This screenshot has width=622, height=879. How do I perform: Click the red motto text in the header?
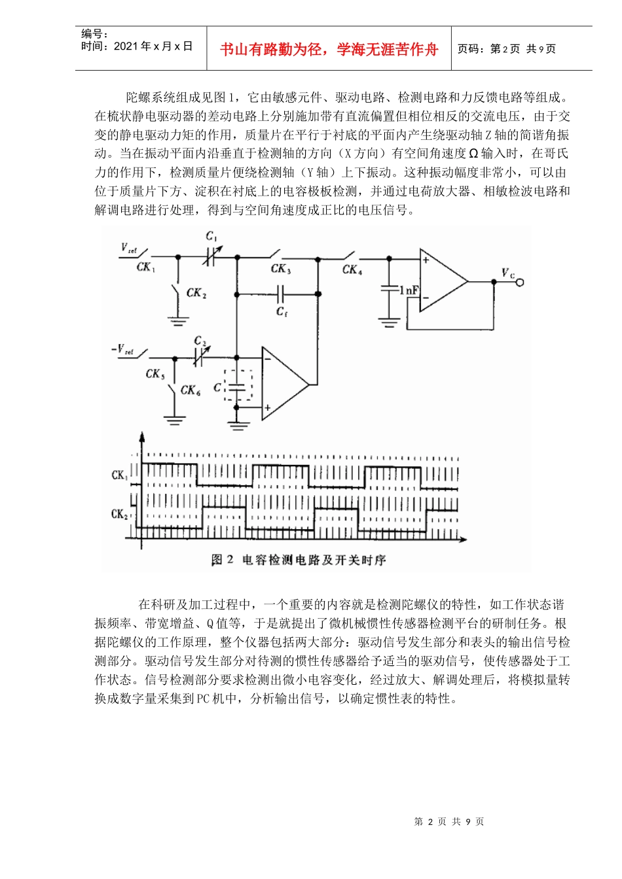329,50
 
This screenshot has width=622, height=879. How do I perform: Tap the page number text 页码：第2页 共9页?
506,49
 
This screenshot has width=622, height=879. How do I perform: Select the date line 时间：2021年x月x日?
137,46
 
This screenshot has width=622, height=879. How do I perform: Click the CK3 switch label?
281,269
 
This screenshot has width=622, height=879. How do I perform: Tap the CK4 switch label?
352,269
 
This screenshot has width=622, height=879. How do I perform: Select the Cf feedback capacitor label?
282,312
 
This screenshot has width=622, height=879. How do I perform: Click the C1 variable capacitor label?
211,237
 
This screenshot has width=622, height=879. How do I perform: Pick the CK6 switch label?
191,390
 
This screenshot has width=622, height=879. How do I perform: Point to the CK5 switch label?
155,374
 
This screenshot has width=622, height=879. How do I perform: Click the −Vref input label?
122,350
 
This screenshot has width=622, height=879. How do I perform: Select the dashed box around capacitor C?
238,386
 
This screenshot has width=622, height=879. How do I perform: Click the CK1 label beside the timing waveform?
119,475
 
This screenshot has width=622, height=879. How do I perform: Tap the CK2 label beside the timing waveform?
119,514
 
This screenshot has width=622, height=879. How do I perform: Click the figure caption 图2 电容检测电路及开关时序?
299,560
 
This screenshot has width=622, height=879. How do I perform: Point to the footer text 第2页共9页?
448,821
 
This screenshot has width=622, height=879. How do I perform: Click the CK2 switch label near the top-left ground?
196,293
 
